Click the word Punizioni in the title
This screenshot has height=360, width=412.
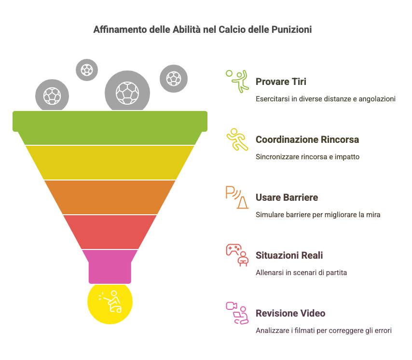click(x=291, y=29)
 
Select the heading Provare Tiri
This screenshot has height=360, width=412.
click(x=281, y=82)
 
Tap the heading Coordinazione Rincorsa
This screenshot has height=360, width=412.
click(x=307, y=139)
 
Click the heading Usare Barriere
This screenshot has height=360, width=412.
click(x=287, y=197)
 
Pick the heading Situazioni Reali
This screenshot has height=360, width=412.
click(x=289, y=255)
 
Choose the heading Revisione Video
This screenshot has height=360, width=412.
click(x=290, y=313)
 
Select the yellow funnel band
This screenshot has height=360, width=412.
click(x=110, y=163)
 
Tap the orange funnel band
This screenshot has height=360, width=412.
click(x=110, y=197)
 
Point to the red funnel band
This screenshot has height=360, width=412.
click(x=110, y=232)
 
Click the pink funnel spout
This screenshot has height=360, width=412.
click(x=110, y=266)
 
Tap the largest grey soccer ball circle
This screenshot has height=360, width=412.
click(x=127, y=92)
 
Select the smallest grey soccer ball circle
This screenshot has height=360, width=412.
click(x=87, y=70)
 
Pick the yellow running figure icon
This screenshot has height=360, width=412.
click(x=237, y=139)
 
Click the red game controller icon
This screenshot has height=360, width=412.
click(x=233, y=249)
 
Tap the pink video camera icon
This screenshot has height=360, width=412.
click(x=231, y=306)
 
